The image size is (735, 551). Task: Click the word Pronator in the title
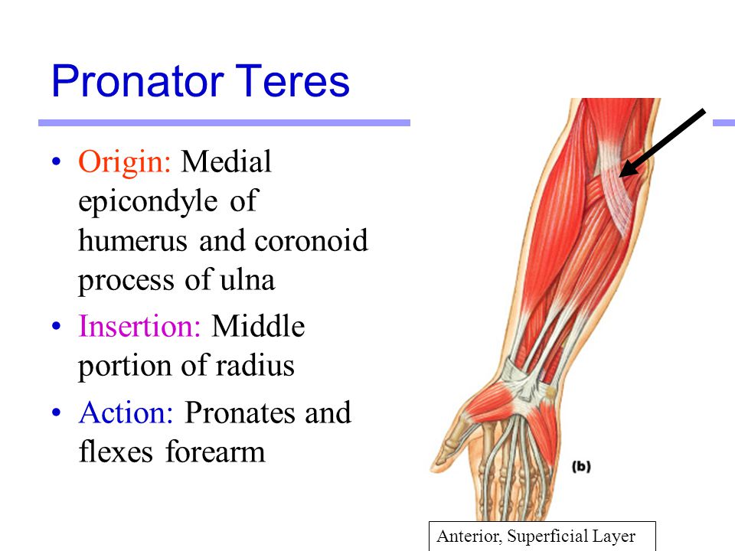(138, 81)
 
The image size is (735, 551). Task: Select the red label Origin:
(125, 162)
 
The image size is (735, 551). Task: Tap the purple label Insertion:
(139, 326)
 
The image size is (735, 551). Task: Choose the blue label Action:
(126, 412)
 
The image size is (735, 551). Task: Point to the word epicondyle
(147, 202)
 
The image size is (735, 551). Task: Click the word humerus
(132, 241)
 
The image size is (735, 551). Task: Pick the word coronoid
(311, 241)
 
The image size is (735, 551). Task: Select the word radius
(255, 366)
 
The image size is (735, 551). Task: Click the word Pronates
(240, 412)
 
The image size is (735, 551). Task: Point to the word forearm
(215, 452)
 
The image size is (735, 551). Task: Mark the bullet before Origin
(57, 162)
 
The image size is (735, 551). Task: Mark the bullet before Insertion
(57, 326)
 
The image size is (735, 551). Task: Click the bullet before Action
(57, 412)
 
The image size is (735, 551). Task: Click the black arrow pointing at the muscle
(661, 143)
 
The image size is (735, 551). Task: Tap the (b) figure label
(581, 467)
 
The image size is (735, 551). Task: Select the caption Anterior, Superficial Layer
(536, 536)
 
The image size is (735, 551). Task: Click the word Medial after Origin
(227, 162)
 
